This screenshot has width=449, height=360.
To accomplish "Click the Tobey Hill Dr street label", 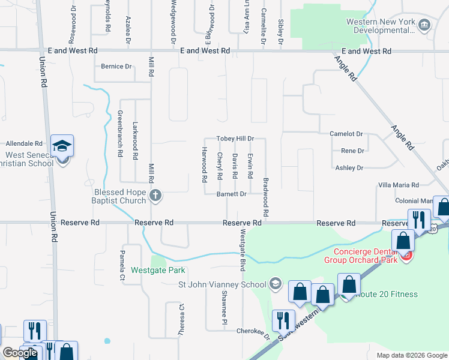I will (235, 138).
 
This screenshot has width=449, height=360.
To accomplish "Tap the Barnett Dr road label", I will (232, 194).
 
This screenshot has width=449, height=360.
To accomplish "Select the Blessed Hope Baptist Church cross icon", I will (155, 194).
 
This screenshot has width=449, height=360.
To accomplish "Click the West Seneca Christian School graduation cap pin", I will (62, 146).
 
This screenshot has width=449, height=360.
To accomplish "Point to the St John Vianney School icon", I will (276, 284).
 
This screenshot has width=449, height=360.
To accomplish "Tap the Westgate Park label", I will (158, 270).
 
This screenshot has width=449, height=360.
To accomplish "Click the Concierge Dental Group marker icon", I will (407, 256).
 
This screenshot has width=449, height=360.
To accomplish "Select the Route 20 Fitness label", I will (388, 294).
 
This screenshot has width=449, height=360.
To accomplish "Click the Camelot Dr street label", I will (346, 134).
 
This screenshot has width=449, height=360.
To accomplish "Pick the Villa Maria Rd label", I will (398, 185).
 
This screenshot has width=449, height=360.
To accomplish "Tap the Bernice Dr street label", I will (116, 67).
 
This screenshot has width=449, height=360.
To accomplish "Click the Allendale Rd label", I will (24, 144).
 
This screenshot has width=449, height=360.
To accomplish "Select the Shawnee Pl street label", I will (223, 303).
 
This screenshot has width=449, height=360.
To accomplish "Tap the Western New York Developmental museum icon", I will (425, 25).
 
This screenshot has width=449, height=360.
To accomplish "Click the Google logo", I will (19, 353).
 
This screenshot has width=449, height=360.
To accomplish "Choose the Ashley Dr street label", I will (349, 168).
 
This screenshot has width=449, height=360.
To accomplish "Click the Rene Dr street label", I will (352, 151).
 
